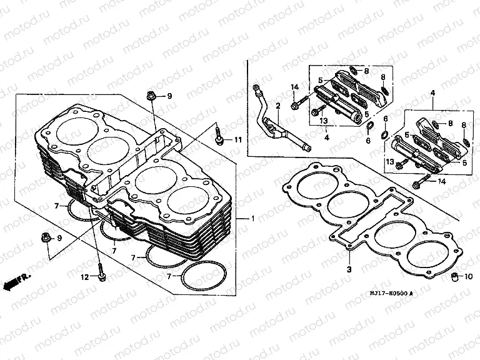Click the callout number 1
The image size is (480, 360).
pyautogui.click(x=253, y=219)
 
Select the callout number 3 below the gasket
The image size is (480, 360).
pyautogui.click(x=349, y=269)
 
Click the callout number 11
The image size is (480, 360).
pyautogui.click(x=237, y=139)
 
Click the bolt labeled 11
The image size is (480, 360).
pyautogui.click(x=219, y=136)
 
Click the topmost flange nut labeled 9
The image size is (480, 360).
pyautogui.click(x=151, y=96)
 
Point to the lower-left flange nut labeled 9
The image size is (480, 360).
pyautogui.click(x=45, y=238)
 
